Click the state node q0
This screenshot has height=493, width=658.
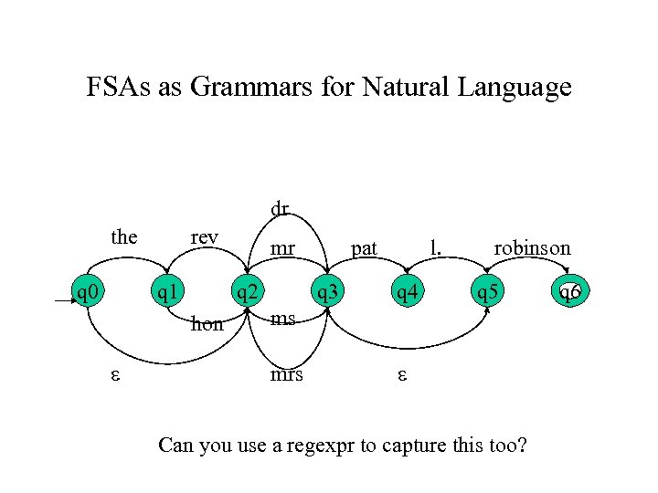pos(89,293)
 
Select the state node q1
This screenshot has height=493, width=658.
pos(165,293)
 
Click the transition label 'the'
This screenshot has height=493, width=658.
pos(124,237)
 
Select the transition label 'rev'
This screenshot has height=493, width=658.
pos(204,237)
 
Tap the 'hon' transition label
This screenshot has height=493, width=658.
pos(207,323)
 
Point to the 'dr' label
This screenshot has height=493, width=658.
pos(280,208)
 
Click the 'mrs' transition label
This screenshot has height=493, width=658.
pos(286,374)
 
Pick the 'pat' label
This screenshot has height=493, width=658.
pos(365,247)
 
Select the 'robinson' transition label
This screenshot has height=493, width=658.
pos(532,247)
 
